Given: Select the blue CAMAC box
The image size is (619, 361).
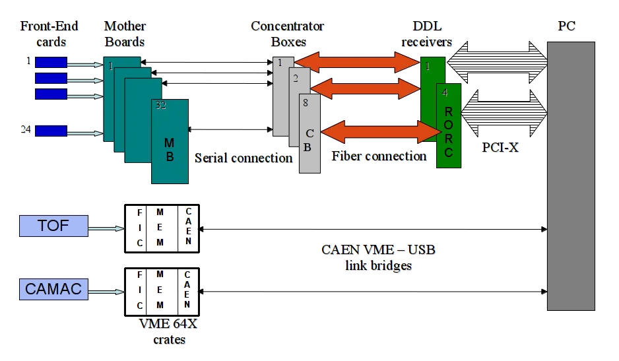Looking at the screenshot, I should (x=52, y=289).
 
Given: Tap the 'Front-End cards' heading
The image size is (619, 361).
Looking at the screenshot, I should (x=49, y=34).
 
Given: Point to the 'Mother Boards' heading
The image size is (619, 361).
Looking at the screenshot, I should (x=125, y=34).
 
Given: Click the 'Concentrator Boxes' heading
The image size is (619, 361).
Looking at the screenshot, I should (x=288, y=34).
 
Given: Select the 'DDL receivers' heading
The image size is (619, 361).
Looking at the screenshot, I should (x=427, y=34).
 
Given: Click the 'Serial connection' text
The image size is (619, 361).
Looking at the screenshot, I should (x=244, y=158).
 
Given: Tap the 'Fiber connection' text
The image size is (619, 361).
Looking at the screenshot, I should (x=379, y=157).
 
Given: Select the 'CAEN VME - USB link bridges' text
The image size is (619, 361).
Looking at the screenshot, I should (x=379, y=258).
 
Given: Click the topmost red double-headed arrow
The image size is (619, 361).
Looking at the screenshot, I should (x=356, y=62).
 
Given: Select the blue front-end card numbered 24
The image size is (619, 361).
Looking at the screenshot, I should (x=50, y=130).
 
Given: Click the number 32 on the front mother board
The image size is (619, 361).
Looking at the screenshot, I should (x=159, y=106).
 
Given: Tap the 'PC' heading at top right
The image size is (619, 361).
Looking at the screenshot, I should (x=566, y=27).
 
